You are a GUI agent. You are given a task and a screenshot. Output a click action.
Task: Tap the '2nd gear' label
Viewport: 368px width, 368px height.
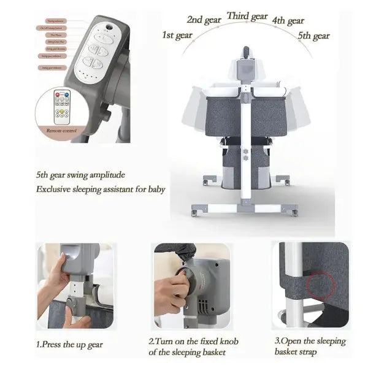(204, 20)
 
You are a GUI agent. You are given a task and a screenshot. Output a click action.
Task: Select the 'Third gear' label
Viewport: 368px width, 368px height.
(247, 16)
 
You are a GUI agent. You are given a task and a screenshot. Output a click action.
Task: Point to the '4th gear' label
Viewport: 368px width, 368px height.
(287, 21)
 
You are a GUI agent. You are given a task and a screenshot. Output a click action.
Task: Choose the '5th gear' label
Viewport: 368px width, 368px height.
(313, 36)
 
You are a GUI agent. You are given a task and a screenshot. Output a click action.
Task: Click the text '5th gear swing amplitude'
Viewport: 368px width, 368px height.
(80, 174)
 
